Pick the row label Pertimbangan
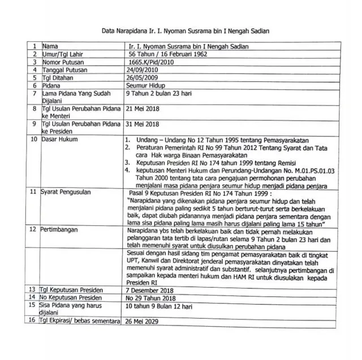tap(63, 230)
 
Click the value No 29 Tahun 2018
tap(151, 298)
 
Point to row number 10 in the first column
tap(33, 139)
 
